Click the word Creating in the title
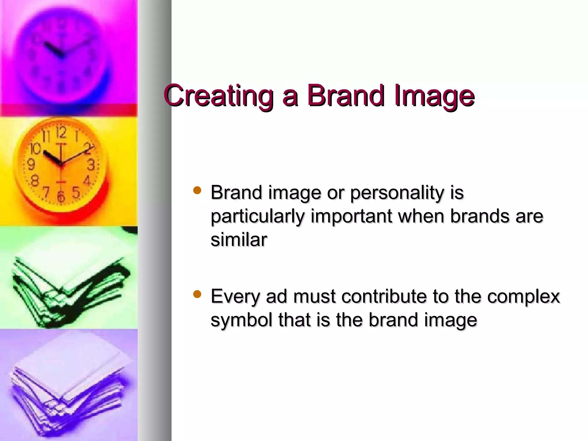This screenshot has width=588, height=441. tap(218, 96)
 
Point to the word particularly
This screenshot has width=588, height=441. tap(257, 217)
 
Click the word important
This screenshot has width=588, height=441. tap(351, 217)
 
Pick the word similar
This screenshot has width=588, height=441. tap(239, 240)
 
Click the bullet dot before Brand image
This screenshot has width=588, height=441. tap(197, 190)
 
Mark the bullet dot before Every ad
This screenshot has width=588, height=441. tap(197, 294)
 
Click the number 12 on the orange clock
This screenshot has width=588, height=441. tap(61, 133)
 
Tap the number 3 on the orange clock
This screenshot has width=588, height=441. tap(91, 165)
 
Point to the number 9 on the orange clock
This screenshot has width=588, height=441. tap(31, 165)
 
